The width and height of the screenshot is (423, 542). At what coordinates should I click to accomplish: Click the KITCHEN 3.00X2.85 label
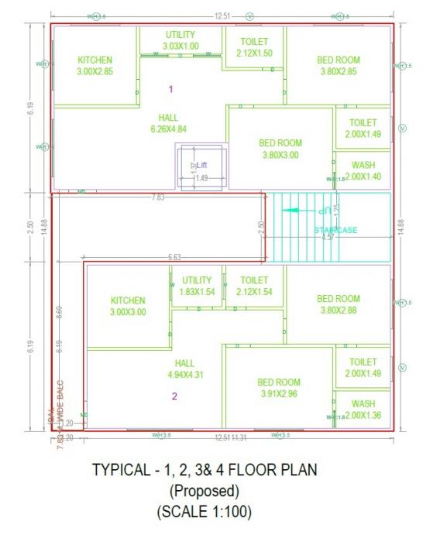coord(95,66)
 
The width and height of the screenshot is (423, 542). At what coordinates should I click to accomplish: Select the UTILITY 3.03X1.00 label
coord(181,40)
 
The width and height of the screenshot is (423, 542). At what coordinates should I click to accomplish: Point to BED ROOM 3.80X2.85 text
coord(339,66)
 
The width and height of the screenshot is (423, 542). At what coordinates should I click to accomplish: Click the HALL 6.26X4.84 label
coord(168,124)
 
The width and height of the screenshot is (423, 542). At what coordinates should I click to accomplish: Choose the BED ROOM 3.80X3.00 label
coord(280,149)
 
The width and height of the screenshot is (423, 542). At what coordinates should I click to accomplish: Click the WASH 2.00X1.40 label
coord(363,171)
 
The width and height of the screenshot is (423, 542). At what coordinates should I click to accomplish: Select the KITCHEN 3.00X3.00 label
coord(128,307)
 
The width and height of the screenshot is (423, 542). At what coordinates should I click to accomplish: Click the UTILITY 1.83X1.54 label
coord(197,286)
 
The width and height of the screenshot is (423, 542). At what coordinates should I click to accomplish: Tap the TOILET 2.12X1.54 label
coord(254,286)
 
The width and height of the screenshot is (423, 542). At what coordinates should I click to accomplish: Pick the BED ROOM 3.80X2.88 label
coord(339,304)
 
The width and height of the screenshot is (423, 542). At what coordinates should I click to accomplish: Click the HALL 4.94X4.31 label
coord(184,369)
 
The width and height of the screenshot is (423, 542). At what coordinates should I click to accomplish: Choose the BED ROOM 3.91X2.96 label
coord(279,387)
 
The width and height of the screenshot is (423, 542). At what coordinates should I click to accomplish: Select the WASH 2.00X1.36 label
coord(363,410)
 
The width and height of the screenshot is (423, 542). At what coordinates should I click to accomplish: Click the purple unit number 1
coord(171,90)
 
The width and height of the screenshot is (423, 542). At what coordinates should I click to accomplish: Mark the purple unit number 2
coord(174,396)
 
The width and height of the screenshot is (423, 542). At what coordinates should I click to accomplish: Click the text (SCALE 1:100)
coord(205,513)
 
